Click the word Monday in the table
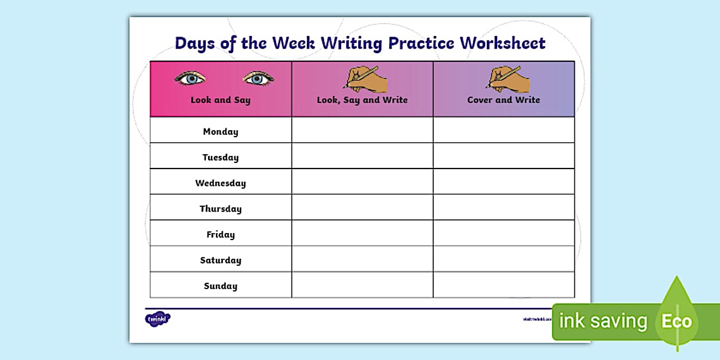pyautogui.click(x=221, y=131)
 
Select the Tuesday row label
pyautogui.click(x=221, y=157)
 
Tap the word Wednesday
pyautogui.click(x=221, y=183)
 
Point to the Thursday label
pyautogui.click(x=221, y=209)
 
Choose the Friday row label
pyautogui.click(x=221, y=234)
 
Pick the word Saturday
pyautogui.click(x=221, y=260)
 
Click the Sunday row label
pyautogui.click(x=221, y=286)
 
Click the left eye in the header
pyautogui.click(x=190, y=79)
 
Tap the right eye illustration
pyautogui.click(x=258, y=79)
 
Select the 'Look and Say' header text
pyautogui.click(x=221, y=100)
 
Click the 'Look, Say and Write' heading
pyautogui.click(x=362, y=100)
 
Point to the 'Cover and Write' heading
pyautogui.click(x=503, y=100)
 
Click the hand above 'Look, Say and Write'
pyautogui.click(x=366, y=79)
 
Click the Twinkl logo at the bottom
pyautogui.click(x=158, y=319)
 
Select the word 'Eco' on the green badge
pyautogui.click(x=677, y=321)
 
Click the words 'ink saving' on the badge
pyautogui.click(x=603, y=321)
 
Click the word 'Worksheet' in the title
pyautogui.click(x=503, y=43)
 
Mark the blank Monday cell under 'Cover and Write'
pyautogui.click(x=503, y=130)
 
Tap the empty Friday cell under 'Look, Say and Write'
pyautogui.click(x=362, y=233)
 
